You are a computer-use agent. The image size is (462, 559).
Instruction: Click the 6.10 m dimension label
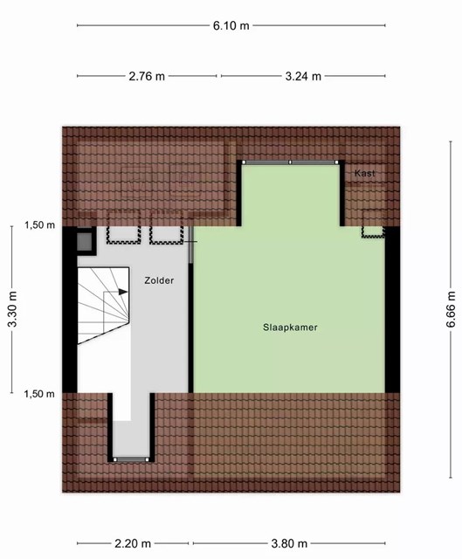[x=231, y=25]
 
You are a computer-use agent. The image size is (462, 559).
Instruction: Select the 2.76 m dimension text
[x=147, y=76]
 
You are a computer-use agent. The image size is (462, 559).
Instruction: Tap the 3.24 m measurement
[x=303, y=76]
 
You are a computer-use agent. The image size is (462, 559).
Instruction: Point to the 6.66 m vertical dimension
[x=452, y=309]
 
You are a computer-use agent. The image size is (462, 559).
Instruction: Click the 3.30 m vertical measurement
[x=13, y=309]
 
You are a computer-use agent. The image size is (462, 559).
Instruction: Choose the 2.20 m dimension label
[x=133, y=543]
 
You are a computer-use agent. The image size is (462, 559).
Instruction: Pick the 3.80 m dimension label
[x=289, y=543]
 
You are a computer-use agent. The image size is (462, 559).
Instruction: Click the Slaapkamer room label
[x=290, y=328]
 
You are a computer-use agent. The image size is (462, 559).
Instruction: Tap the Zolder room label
[x=159, y=280]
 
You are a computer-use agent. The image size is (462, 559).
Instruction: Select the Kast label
[x=365, y=173]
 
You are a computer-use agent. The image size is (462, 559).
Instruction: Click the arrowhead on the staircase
[x=123, y=292]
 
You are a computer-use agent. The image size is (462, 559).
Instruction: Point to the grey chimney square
[x=85, y=241]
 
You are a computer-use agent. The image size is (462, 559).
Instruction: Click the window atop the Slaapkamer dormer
[x=290, y=162]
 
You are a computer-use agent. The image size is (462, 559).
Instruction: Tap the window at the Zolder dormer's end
[x=131, y=460]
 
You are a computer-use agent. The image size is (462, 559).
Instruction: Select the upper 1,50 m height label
[x=39, y=225]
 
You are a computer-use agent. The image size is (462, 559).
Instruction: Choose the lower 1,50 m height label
[x=39, y=394]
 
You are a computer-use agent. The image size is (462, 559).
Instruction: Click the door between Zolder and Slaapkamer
[x=190, y=245]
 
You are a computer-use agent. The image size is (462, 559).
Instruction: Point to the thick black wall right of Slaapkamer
[x=392, y=309]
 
